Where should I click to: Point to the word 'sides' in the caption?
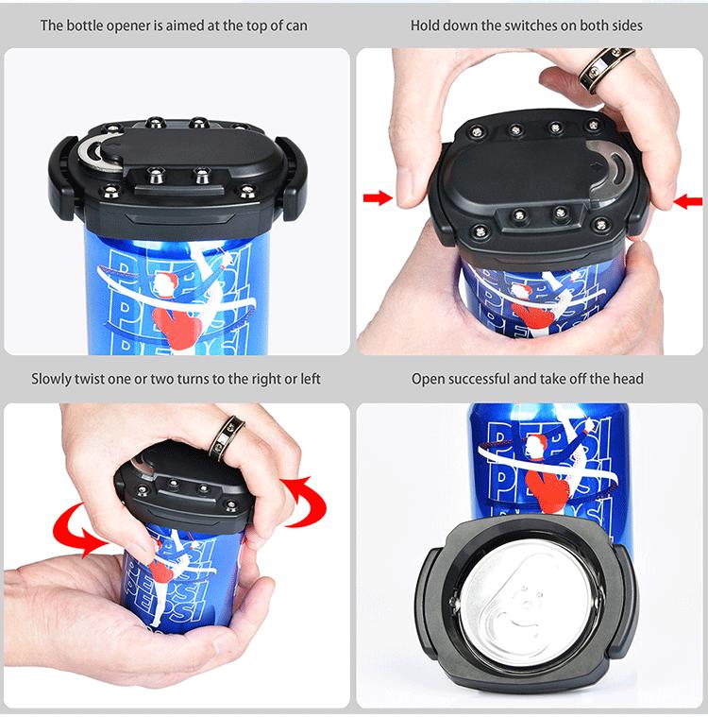point(625,25)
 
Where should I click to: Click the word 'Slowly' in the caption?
point(53,379)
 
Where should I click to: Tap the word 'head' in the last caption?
point(628,379)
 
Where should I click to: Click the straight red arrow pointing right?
point(377,197)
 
